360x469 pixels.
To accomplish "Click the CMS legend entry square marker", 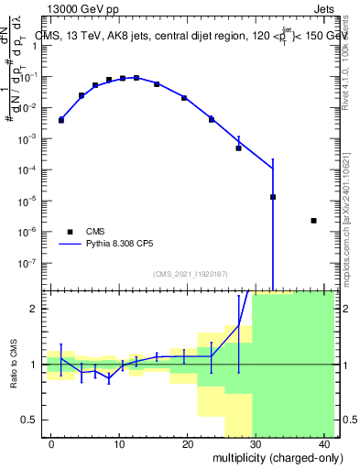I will pyautogui.click(x=70, y=232).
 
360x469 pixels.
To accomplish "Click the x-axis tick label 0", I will pyautogui.click(x=51, y=444).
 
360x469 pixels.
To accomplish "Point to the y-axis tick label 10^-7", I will pyautogui.click(x=34, y=263).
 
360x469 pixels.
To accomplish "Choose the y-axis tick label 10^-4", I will pyautogui.click(x=34, y=169).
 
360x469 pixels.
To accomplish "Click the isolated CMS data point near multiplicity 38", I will pyautogui.click(x=314, y=221).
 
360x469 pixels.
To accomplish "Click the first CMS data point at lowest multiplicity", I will pyautogui.click(x=61, y=120).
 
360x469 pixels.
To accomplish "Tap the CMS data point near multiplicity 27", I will pyautogui.click(x=239, y=147).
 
